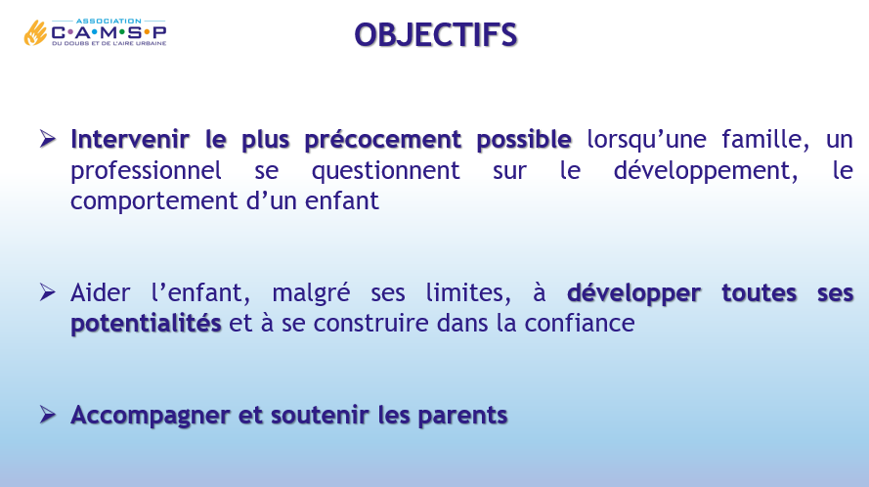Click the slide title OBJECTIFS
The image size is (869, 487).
pos(436,35)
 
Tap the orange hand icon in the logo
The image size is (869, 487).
pos(35,32)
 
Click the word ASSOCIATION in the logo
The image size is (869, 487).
pos(109,22)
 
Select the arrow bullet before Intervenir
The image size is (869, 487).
pos(48,139)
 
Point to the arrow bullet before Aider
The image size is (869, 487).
pos(48,291)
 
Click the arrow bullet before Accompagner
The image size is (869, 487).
pos(48,415)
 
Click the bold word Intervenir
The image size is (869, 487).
pos(130,139)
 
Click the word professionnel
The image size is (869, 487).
pos(147,171)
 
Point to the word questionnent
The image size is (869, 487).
pos(386,171)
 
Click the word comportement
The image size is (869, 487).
pos(154,201)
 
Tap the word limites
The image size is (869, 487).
pos(468,292)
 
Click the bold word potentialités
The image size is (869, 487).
pos(147,324)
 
